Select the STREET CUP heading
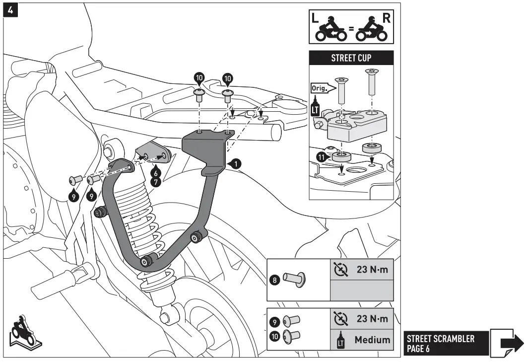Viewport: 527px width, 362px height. [x=351, y=57]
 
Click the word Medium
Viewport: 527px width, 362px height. [x=372, y=341]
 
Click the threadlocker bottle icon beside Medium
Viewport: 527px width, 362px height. [x=341, y=341]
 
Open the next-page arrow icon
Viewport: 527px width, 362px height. [x=507, y=342]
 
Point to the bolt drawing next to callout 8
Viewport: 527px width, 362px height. [x=294, y=279]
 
